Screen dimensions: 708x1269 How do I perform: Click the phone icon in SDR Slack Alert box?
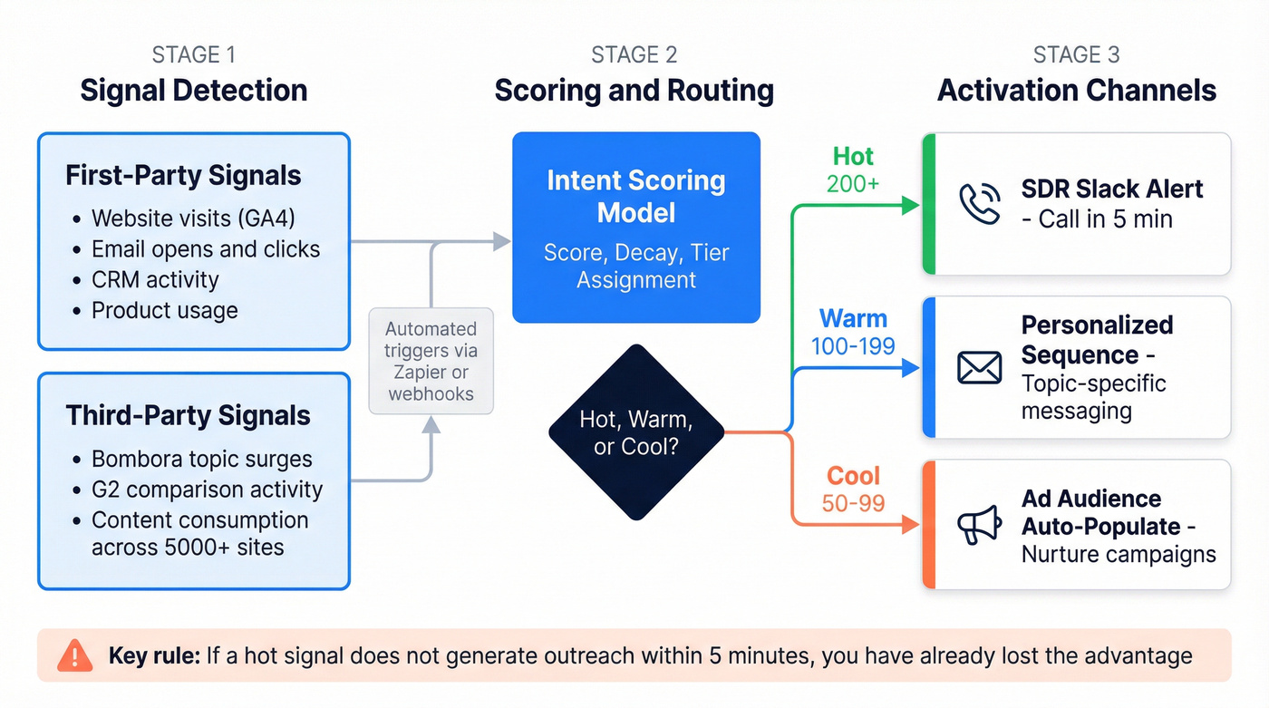point(980,204)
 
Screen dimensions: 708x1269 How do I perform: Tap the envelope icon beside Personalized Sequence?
point(980,368)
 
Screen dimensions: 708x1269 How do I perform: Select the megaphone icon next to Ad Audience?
point(980,525)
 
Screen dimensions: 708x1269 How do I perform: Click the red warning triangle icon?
point(74,655)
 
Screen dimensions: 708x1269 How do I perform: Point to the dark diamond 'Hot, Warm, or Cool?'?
point(636,432)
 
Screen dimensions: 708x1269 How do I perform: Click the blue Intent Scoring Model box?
point(636,228)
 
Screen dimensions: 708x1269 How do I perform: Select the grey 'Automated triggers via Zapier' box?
point(431,361)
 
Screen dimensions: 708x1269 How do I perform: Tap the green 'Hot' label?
point(853,157)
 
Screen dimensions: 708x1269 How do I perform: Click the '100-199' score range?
point(853,345)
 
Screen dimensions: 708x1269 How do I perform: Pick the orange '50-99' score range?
point(853,503)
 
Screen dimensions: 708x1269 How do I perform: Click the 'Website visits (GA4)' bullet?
point(193,218)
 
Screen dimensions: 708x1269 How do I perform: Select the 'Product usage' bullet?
point(164,310)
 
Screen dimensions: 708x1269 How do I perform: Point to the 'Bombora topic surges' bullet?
point(201,459)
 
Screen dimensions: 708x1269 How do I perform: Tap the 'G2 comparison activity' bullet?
point(207,490)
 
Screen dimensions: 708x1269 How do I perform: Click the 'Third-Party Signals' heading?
point(188,416)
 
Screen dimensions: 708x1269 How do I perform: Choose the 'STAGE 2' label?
point(634,54)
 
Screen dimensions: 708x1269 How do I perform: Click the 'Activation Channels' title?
point(1077,91)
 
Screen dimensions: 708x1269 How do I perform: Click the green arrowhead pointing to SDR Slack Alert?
point(910,206)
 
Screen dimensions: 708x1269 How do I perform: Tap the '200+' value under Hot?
point(853,184)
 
